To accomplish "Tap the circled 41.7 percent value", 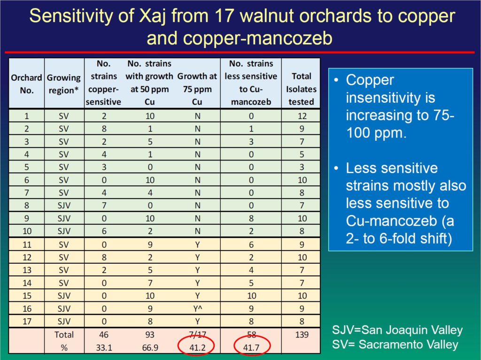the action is [x=251, y=347].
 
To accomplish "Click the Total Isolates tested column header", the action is [x=301, y=89].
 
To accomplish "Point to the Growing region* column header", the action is [x=64, y=84].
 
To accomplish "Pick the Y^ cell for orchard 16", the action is [x=198, y=308].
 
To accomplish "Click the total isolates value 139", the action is [x=302, y=335].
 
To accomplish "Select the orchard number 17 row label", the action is [x=27, y=322].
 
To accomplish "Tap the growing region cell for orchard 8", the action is [x=64, y=206].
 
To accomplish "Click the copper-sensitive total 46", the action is [x=104, y=335].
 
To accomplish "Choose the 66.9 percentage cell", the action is [x=150, y=347].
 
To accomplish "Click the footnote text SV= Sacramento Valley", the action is [x=395, y=345].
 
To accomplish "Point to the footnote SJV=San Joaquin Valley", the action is [x=397, y=330].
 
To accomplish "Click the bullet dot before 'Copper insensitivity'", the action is [x=336, y=81].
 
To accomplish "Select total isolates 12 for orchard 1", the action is [x=302, y=116].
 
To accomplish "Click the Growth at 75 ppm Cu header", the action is [x=197, y=89].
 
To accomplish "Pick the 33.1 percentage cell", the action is [x=104, y=347].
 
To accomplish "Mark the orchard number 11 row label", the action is [x=27, y=245].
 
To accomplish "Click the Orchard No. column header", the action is [x=26, y=84].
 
